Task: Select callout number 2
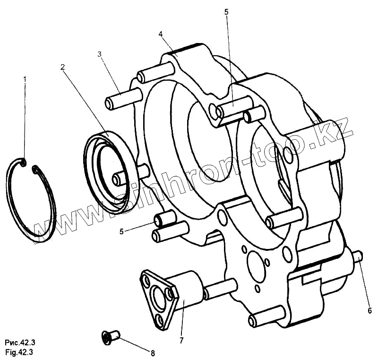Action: [x=62, y=67]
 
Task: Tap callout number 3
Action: [x=100, y=54]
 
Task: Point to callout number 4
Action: [x=161, y=34]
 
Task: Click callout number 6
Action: [x=370, y=310]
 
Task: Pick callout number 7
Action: [x=181, y=340]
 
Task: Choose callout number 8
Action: [x=152, y=352]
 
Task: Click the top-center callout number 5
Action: [x=226, y=11]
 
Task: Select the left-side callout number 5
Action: [x=121, y=231]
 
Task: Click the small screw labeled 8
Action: [x=111, y=336]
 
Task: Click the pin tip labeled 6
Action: [x=358, y=257]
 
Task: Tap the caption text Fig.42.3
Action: [x=19, y=351]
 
